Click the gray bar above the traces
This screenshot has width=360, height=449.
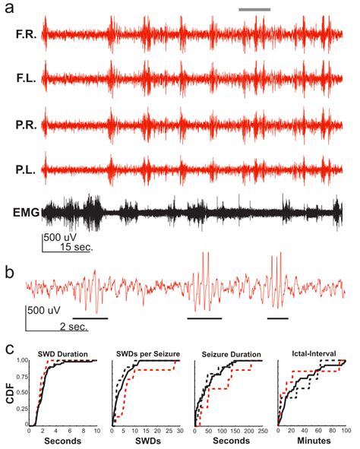pos(254,10)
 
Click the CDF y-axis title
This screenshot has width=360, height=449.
pos(8,394)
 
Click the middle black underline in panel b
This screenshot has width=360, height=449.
pos(204,318)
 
